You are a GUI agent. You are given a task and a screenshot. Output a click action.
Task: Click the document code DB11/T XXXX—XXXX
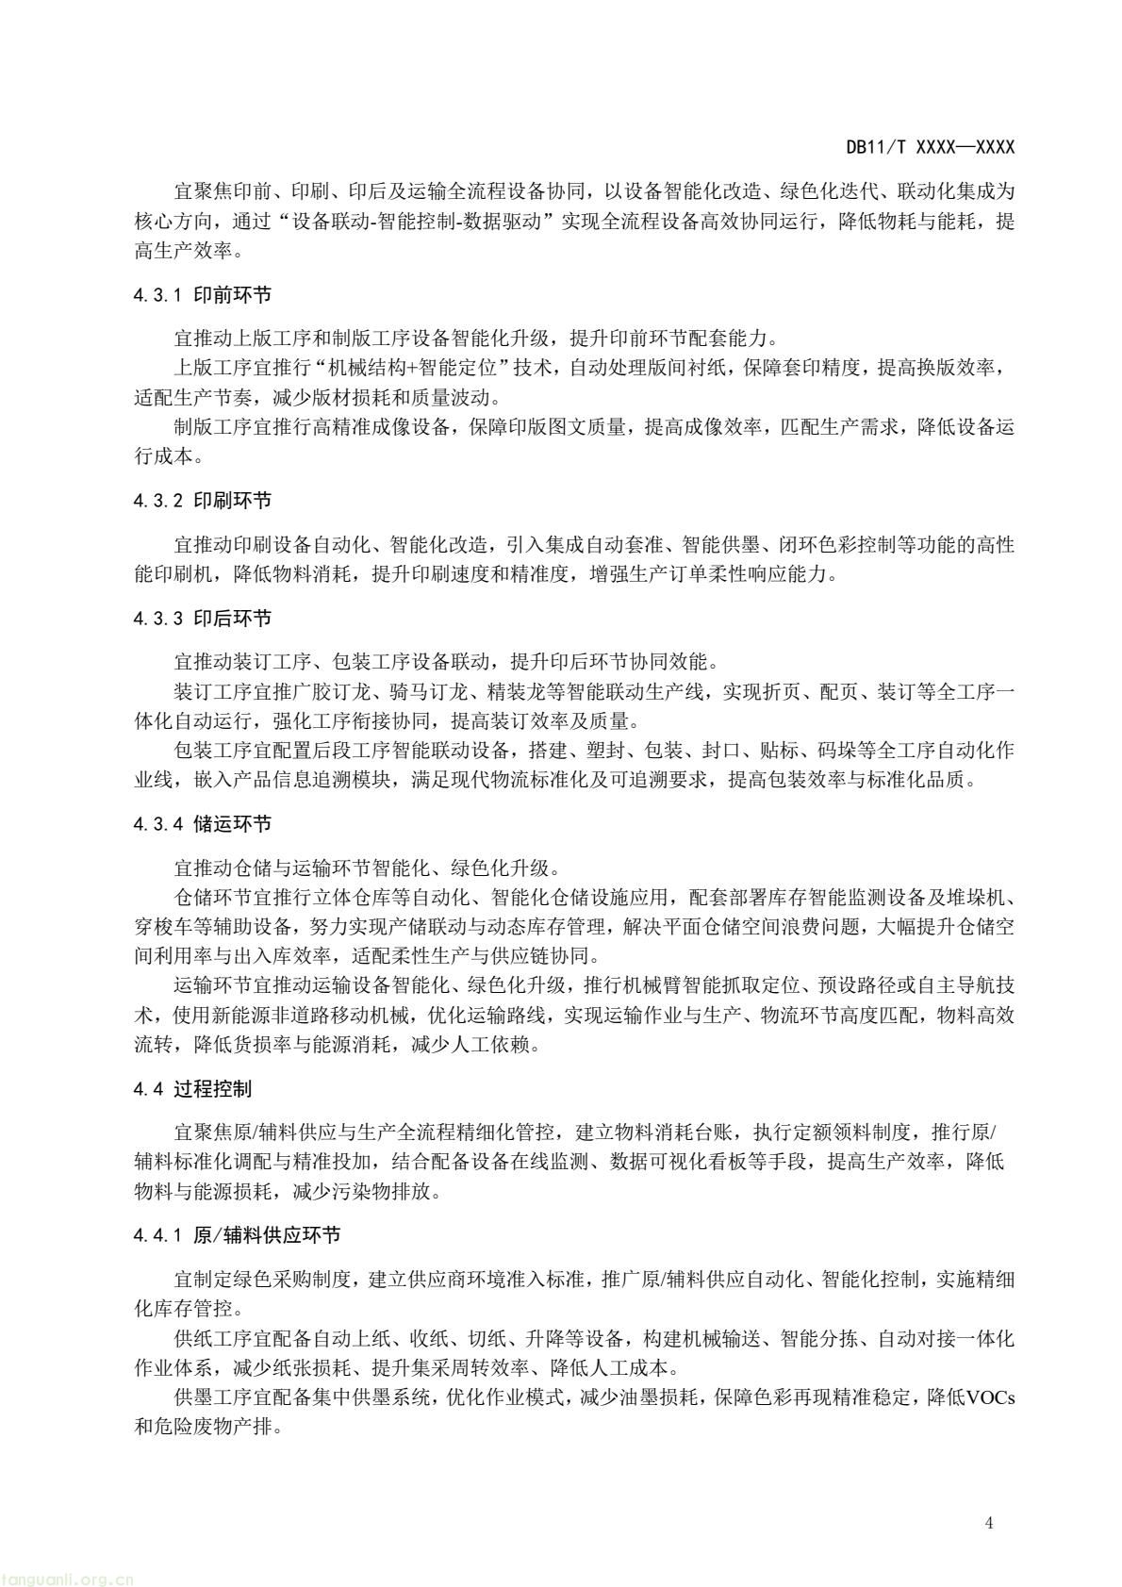[x=930, y=147]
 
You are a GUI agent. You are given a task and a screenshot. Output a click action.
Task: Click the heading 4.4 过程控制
[x=192, y=1089]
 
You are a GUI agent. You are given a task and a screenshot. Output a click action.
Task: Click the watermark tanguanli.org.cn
[x=68, y=1579]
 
